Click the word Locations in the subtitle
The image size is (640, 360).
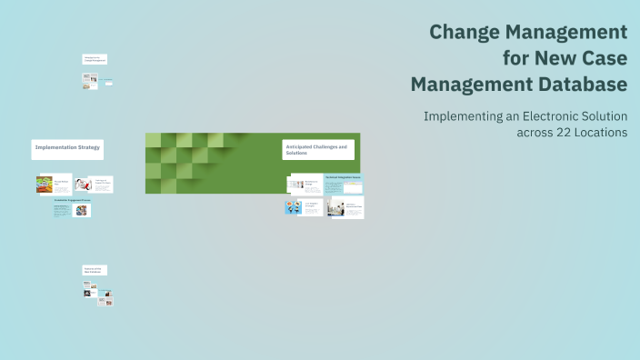pos(600,132)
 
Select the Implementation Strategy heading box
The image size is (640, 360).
pos(67,147)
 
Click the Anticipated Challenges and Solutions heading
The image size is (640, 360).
pos(318,150)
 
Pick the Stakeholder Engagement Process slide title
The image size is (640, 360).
pos(72,199)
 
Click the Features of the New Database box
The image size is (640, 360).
pos(95,270)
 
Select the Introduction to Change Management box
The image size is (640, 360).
pos(95,59)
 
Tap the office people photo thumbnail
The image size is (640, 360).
pos(335,207)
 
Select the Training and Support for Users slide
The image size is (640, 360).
pos(100,184)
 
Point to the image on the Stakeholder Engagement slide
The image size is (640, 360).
pos(82,210)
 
